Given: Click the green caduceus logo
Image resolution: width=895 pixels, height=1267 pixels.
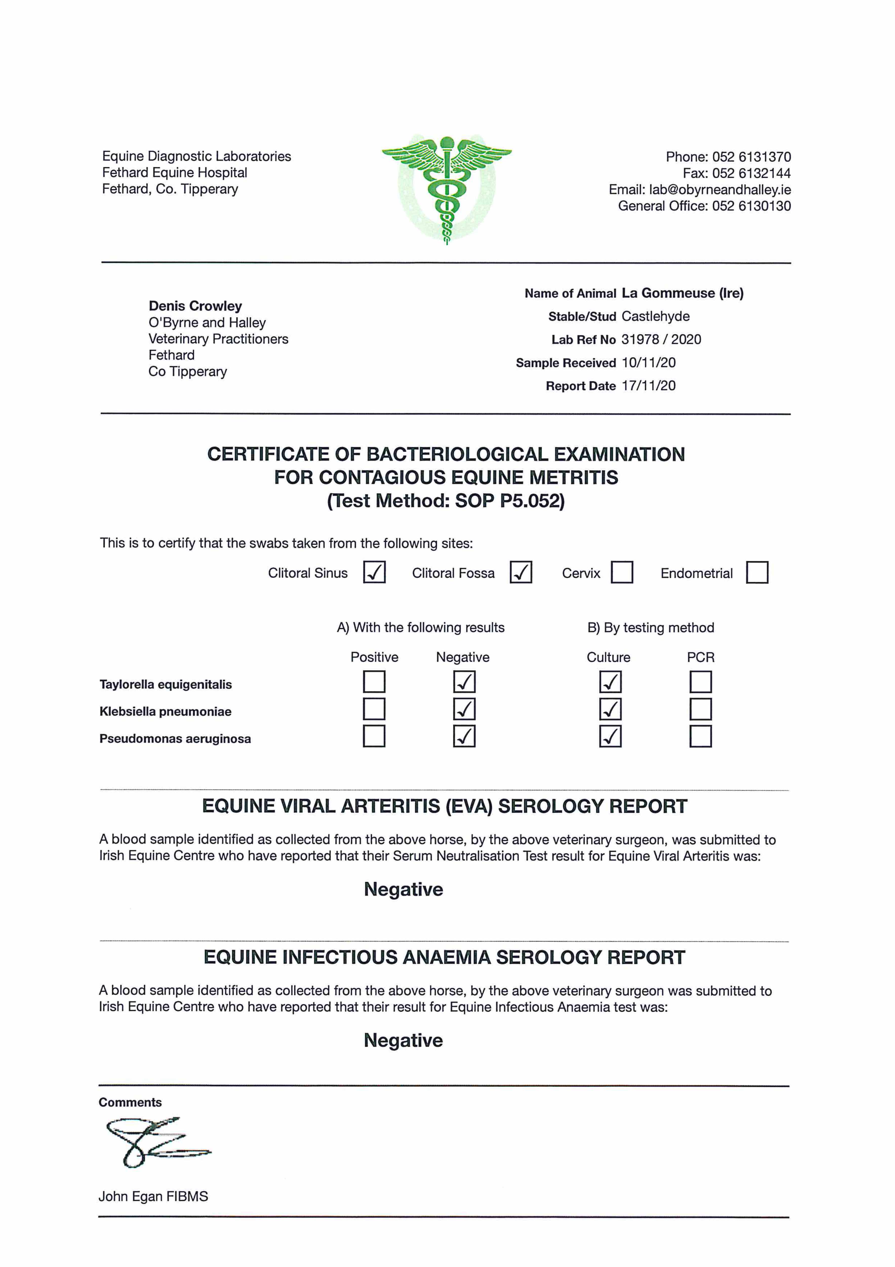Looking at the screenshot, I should click(447, 188).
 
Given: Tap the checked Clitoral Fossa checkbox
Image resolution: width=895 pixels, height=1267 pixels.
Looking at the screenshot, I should click(521, 572).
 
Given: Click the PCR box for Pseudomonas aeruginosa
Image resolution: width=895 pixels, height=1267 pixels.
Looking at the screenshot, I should click(700, 736).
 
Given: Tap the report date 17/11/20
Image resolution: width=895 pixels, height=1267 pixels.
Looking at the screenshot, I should click(648, 386).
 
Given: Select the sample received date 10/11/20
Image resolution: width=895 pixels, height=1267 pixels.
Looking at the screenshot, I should click(648, 363).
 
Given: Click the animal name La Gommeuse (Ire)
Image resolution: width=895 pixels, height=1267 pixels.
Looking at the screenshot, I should click(682, 293).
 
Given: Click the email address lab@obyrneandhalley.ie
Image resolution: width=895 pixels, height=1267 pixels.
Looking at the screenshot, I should click(720, 190).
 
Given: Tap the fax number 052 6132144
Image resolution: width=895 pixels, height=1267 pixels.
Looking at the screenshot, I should click(751, 173).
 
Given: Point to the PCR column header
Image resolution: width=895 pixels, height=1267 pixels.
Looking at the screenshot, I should click(700, 657).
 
